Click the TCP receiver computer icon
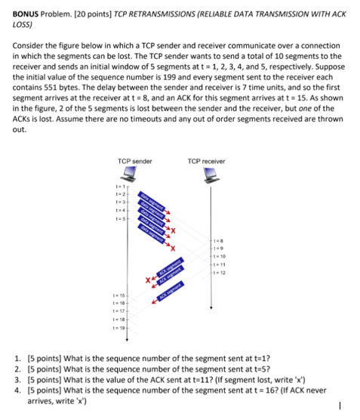point(209,176)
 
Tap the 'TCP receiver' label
point(206,161)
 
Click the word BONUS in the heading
point(28,14)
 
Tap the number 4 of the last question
point(17,391)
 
